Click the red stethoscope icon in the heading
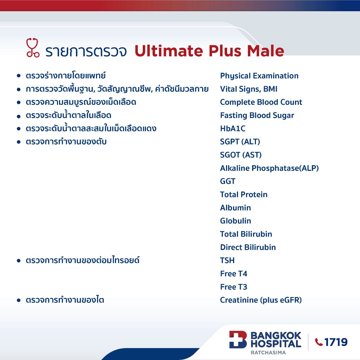click(33, 47)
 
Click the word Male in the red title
click(266, 51)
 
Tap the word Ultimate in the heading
click(169, 51)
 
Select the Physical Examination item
click(259, 76)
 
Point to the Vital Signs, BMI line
click(249, 89)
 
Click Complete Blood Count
click(261, 102)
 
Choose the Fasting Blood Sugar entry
click(257, 115)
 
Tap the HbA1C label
click(233, 128)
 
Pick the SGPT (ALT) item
click(240, 142)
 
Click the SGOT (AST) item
click(241, 155)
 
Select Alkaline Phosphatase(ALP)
click(269, 168)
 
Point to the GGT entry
click(228, 181)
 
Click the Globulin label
click(236, 221)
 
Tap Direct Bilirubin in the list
click(248, 247)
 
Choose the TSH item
click(227, 261)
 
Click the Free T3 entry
click(234, 287)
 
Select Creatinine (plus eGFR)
click(261, 300)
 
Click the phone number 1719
click(336, 342)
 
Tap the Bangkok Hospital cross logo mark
click(238, 340)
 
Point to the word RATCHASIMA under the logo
click(268, 352)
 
